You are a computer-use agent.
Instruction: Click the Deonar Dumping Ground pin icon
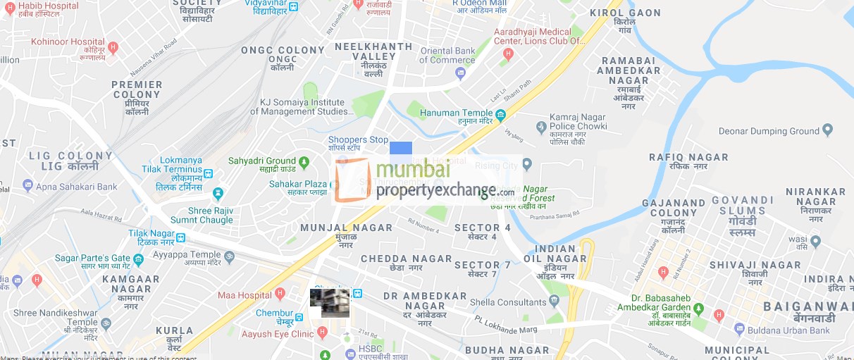click(828, 130)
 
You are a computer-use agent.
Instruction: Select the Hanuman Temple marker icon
click(501, 113)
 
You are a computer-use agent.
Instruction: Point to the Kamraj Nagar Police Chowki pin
click(541, 128)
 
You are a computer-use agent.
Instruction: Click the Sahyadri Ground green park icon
click(304, 162)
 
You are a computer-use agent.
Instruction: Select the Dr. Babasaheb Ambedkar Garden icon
click(698, 310)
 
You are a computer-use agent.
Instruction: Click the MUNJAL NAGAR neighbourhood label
click(346, 228)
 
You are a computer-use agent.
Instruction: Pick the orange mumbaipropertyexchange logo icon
click(352, 180)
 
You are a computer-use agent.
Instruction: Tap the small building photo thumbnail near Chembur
click(329, 303)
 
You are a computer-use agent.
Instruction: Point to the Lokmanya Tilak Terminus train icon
click(208, 172)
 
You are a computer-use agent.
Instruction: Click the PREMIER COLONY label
click(137, 85)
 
